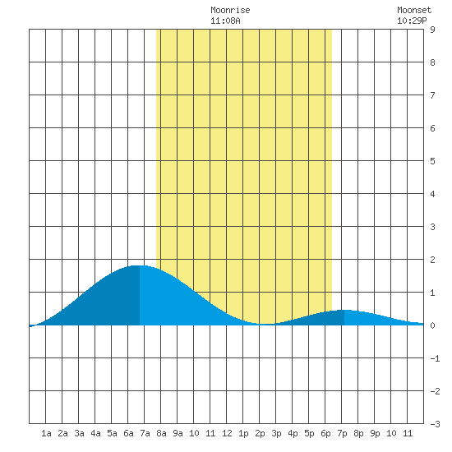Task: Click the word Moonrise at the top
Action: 230,10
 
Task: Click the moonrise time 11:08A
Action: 225,21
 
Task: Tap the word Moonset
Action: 414,10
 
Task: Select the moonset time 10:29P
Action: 412,21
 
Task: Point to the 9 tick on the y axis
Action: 432,30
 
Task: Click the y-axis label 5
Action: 432,161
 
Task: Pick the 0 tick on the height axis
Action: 432,325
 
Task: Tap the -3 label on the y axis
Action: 435,424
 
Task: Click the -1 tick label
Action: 435,358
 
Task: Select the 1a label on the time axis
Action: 46,433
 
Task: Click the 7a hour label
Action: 145,433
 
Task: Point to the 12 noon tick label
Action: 227,433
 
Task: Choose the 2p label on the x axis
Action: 260,433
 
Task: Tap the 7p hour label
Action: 342,433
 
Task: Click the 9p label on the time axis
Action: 375,433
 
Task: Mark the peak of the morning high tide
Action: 138,265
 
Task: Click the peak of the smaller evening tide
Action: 345,310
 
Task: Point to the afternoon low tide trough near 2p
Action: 266,324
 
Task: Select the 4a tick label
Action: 95,433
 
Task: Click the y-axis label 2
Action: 432,260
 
